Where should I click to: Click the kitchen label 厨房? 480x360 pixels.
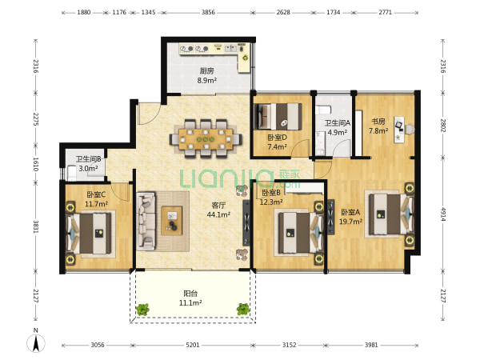click(x=207, y=71)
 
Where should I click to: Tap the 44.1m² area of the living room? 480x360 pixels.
click(x=218, y=215)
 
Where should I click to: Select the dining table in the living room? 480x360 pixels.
click(x=206, y=139)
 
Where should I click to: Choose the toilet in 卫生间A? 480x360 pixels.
click(x=323, y=110)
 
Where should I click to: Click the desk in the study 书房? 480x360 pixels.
click(x=399, y=129)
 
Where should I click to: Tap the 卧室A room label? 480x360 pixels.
click(x=350, y=212)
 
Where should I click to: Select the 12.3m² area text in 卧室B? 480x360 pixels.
click(x=271, y=202)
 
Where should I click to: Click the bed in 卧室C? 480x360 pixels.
click(x=89, y=234)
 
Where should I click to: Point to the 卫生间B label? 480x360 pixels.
click(x=89, y=159)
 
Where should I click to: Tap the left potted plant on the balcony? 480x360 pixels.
click(x=142, y=309)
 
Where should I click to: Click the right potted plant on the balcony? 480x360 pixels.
click(x=243, y=309)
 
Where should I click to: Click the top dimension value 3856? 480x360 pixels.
click(x=208, y=13)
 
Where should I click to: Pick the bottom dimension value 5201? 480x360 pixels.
click(x=193, y=345)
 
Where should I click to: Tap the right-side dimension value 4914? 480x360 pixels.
click(x=443, y=214)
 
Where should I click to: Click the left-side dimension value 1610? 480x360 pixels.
click(x=36, y=164)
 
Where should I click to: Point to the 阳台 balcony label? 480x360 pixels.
click(x=190, y=294)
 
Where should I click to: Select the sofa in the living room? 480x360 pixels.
click(x=146, y=220)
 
